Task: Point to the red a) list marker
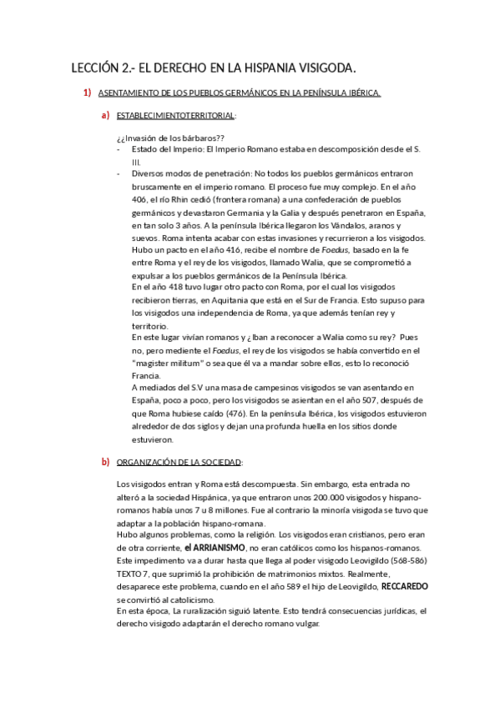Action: pos(105,116)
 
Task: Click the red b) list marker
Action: pos(105,461)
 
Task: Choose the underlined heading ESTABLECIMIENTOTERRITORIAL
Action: pos(176,116)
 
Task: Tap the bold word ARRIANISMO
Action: pos(215,547)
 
